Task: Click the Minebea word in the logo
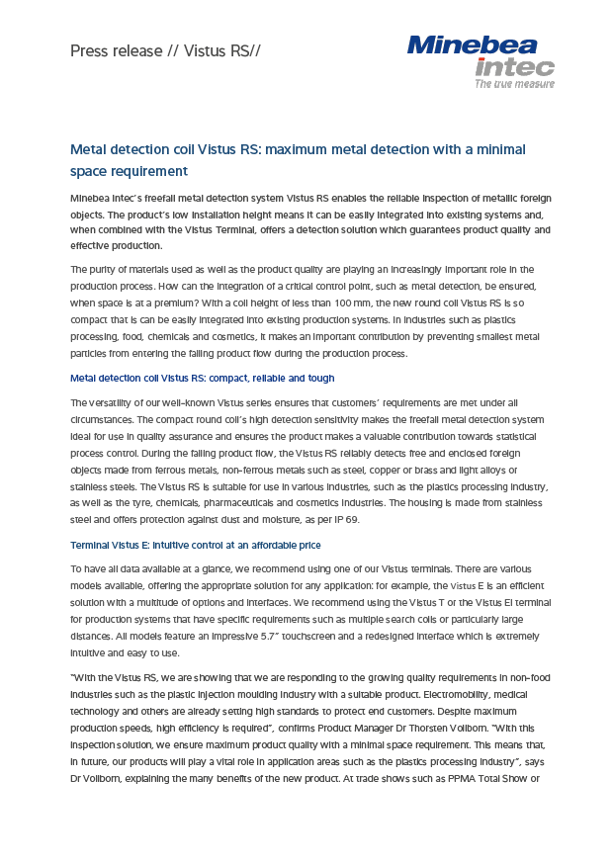[472, 44]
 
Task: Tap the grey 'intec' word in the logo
[514, 67]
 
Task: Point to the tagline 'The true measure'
[514, 84]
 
